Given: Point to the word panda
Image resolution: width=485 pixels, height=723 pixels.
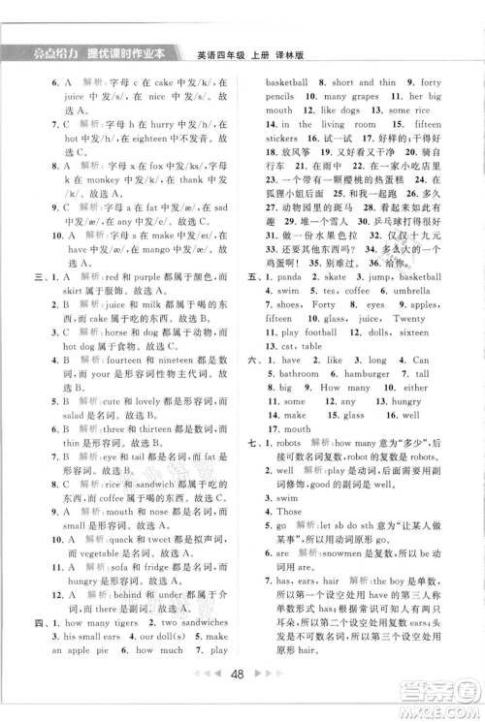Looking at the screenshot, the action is coord(299,276).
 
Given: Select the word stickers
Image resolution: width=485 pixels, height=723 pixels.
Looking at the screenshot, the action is coord(287,139).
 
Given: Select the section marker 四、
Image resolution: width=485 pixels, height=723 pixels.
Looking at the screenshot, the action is coord(42,623).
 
